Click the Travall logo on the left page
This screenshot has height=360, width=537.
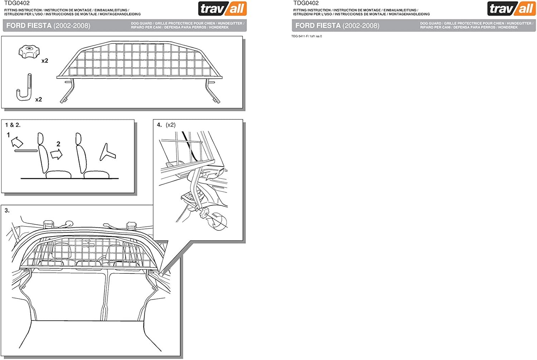point(222,9)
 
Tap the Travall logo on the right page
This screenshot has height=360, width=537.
point(511,9)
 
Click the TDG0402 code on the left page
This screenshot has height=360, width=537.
point(17,3)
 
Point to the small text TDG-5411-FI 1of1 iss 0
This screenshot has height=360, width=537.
point(306,36)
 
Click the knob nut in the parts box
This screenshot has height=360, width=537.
point(28,52)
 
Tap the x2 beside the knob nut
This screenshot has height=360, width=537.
point(45,61)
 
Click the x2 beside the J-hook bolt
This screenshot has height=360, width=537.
point(39,99)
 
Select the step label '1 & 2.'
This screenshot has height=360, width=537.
point(13,125)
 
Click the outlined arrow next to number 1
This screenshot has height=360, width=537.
point(16,143)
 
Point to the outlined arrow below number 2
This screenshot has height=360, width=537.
point(56,154)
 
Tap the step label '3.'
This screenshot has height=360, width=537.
point(7,210)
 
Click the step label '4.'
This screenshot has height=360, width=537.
point(159,125)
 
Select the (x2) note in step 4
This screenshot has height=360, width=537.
point(171,125)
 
